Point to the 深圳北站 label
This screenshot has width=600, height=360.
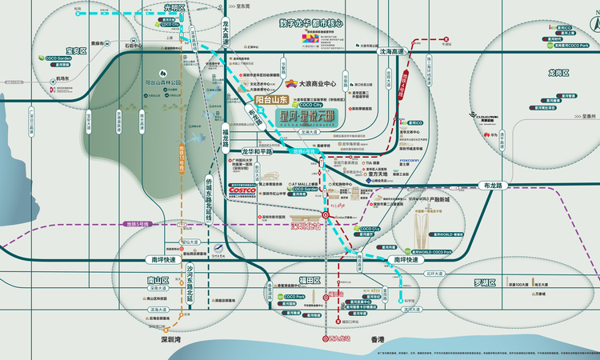coord(305,226)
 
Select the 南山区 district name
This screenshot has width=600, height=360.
coord(148,280)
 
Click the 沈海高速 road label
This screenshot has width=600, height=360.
coord(393,51)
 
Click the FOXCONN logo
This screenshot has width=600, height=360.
coord(409,160)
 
